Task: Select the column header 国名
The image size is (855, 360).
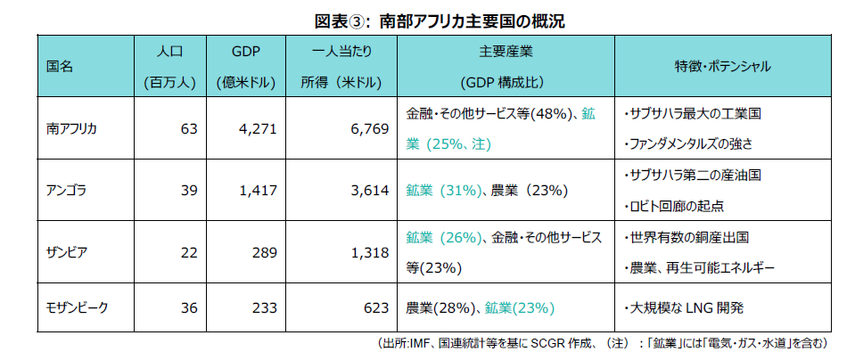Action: coord(59,67)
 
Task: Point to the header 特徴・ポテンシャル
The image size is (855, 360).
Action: coord(722,67)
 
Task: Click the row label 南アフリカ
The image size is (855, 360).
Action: coord(70,128)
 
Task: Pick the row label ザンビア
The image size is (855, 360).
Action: coord(65,252)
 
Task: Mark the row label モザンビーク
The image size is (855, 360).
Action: coord(77,308)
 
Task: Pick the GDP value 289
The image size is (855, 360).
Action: coord(264,252)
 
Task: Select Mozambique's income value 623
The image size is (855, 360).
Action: coord(375,308)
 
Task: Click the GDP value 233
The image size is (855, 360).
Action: coord(264,308)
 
